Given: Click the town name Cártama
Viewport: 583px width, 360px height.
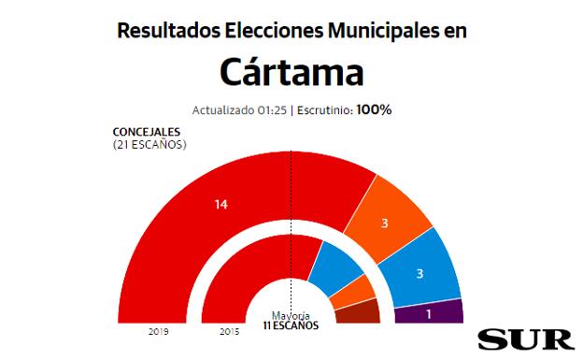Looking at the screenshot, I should [x=291, y=71].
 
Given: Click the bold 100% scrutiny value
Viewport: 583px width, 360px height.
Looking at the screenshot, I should [x=374, y=109].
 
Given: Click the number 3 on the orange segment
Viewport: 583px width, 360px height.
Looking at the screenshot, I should [x=384, y=223].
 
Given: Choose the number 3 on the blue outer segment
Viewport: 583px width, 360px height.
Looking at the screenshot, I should [x=419, y=273].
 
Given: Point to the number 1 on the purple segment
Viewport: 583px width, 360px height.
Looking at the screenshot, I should [x=428, y=313].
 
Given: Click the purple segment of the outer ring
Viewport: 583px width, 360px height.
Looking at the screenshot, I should [x=444, y=311].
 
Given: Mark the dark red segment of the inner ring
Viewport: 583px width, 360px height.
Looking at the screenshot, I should [x=360, y=312].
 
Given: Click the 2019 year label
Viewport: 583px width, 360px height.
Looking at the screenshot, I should [x=158, y=330].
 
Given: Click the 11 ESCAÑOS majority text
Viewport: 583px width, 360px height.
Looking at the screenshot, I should [x=291, y=325].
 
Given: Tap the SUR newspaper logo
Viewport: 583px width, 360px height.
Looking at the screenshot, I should [x=519, y=338].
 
